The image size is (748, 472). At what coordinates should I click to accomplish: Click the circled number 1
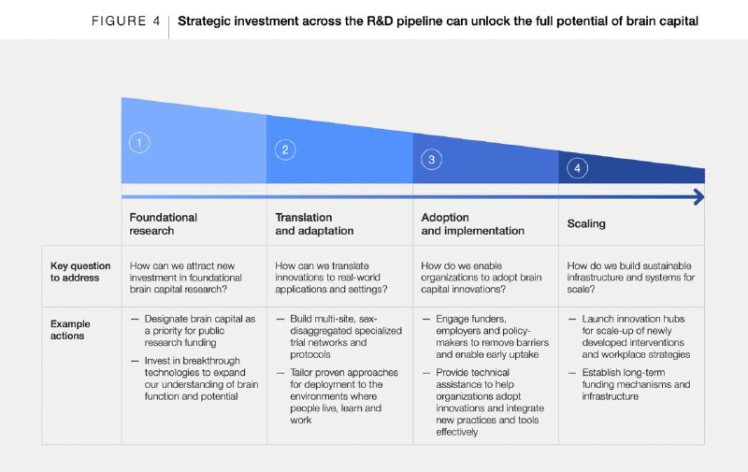tap(139, 143)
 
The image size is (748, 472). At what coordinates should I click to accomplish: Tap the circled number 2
tap(285, 150)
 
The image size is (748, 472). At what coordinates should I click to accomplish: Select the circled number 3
tap(431, 159)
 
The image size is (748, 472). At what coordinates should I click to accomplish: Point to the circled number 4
tap(577, 168)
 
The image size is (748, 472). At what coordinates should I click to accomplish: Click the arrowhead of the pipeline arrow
tap(698, 197)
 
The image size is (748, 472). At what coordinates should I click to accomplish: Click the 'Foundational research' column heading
tap(163, 223)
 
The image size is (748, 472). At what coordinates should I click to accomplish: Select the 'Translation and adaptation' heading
tap(314, 223)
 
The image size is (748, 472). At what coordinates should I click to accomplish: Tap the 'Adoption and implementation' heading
tap(472, 223)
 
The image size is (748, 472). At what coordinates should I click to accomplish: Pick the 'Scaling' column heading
tap(586, 223)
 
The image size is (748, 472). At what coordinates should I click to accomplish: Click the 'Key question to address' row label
tap(80, 272)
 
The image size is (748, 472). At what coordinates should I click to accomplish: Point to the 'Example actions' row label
tap(70, 329)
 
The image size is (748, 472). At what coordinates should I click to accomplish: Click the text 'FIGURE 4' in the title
tap(126, 21)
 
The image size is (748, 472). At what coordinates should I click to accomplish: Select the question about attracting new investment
tap(185, 278)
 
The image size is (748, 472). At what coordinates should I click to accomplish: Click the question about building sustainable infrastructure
tap(630, 278)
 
